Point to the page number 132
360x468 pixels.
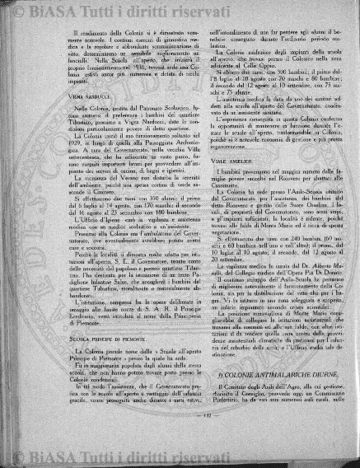(x=180, y=436)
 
